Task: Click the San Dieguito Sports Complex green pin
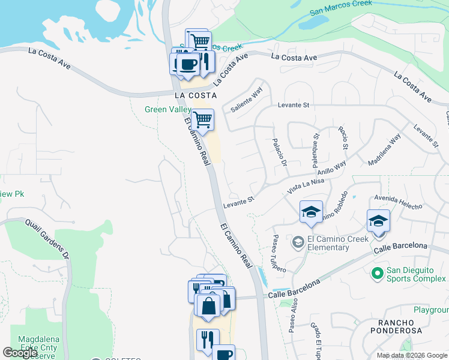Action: (377, 274)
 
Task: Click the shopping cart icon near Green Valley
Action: (203, 120)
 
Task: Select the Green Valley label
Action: (167, 110)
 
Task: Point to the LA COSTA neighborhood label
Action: (194, 95)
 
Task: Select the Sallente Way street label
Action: (247, 100)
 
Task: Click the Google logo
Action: (20, 353)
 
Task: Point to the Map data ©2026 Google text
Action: (412, 355)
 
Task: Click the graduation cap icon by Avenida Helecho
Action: (378, 221)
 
